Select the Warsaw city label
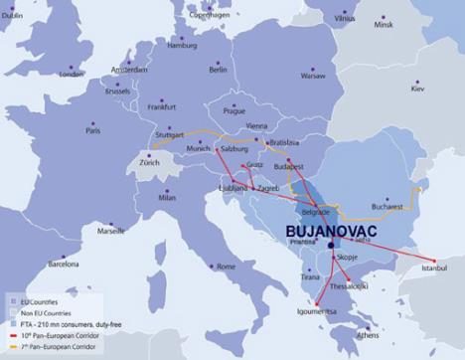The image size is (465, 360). point(313,75)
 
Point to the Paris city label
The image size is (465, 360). point(93,130)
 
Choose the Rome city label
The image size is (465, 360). point(226,267)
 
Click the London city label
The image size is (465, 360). point(71,74)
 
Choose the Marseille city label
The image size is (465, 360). point(111,230)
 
